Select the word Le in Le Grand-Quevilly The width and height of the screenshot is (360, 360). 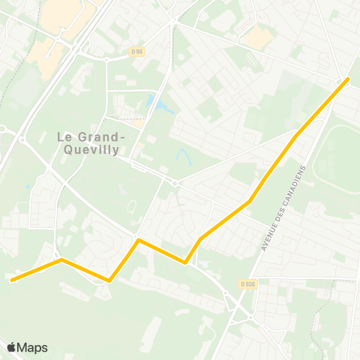point(65,136)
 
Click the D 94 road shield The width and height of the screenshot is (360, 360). point(136,51)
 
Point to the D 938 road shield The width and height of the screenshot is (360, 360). point(248,283)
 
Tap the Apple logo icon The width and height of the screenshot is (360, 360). point(11,347)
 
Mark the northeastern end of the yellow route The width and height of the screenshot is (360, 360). point(348,79)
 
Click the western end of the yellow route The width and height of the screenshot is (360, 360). point(12,280)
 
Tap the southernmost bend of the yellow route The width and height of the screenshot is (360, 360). point(109,280)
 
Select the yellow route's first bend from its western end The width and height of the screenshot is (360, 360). point(61,260)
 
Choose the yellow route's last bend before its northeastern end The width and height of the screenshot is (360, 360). point(297,136)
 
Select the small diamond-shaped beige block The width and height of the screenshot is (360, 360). point(256,37)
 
